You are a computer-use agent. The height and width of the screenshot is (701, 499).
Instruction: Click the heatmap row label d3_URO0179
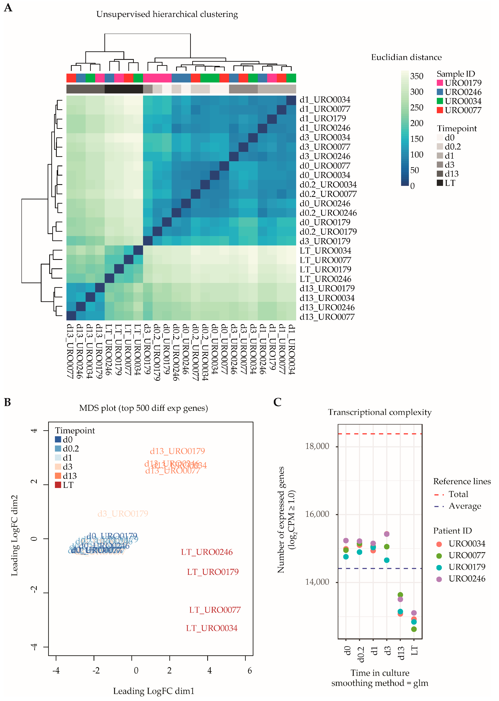325,241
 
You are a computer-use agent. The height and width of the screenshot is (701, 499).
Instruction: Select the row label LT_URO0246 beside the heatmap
325,279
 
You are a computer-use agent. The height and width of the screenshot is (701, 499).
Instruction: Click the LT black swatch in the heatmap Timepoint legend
440,183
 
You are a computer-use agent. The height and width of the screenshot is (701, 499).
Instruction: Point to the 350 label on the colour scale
417,76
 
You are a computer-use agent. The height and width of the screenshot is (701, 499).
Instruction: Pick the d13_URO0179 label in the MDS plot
177,451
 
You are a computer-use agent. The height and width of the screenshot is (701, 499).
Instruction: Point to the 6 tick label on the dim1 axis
250,671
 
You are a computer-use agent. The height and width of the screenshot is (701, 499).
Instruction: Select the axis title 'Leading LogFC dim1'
154,691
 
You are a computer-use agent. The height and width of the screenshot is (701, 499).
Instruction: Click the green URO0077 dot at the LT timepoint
414,629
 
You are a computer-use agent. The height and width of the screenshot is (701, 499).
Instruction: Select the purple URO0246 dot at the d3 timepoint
387,534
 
